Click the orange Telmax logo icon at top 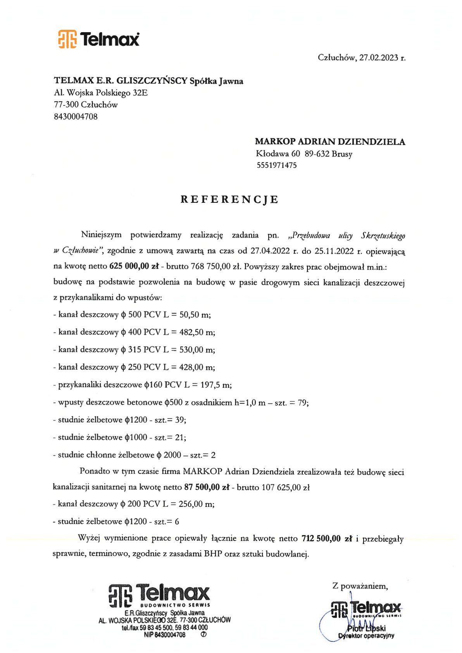click(x=67, y=39)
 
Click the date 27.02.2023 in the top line click(x=379, y=58)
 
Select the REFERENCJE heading click(x=229, y=200)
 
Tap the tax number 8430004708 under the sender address click(x=76, y=116)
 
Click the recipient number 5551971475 click(x=276, y=165)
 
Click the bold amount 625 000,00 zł click(x=134, y=266)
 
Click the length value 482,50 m click(x=197, y=332)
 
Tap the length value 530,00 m click(x=197, y=350)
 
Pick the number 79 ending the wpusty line click(x=302, y=403)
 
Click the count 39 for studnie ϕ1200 click(x=179, y=420)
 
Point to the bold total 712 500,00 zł click(x=326, y=539)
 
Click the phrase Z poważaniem click(x=360, y=586)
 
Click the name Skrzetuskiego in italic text click(x=383, y=235)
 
